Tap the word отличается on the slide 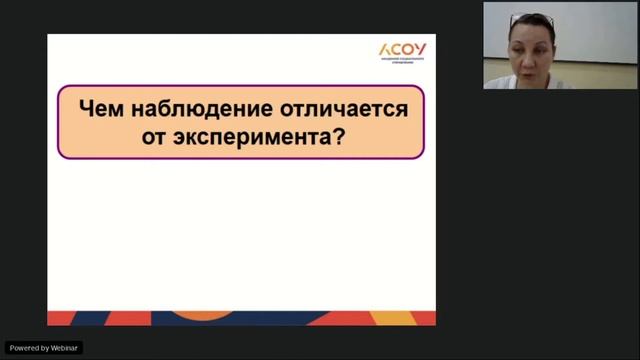[x=342, y=108]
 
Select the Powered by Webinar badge [x=45, y=348]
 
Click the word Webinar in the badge [x=64, y=348]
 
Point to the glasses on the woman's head [x=531, y=19]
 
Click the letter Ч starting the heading [x=86, y=108]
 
